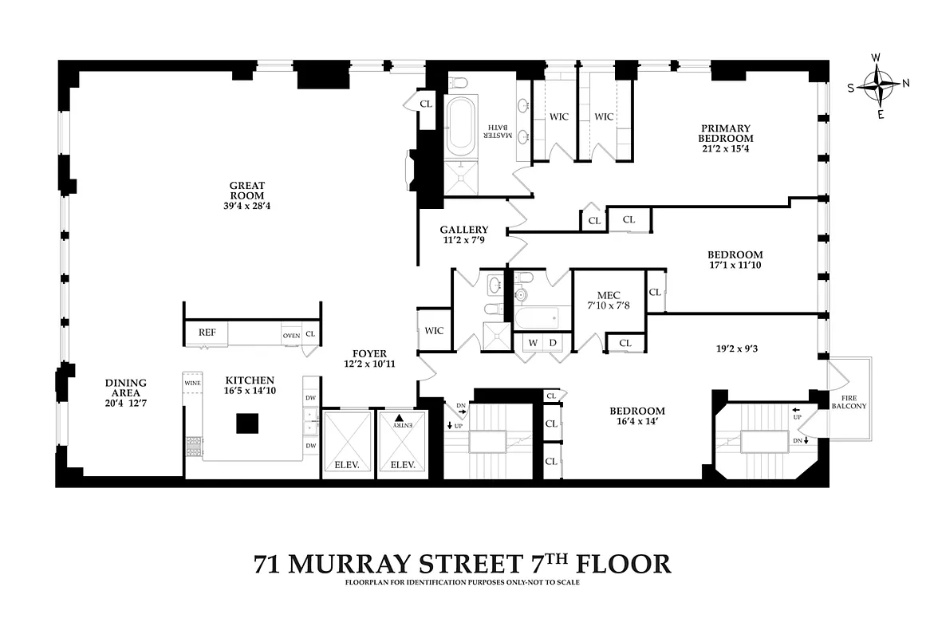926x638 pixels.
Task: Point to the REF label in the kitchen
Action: pos(207,333)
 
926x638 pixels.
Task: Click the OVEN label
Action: pos(291,336)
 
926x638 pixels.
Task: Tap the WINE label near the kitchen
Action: pos(192,383)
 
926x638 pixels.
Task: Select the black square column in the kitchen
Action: pos(247,423)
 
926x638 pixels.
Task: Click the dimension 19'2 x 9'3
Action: pos(736,348)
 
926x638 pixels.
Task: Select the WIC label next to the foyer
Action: pos(434,331)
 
